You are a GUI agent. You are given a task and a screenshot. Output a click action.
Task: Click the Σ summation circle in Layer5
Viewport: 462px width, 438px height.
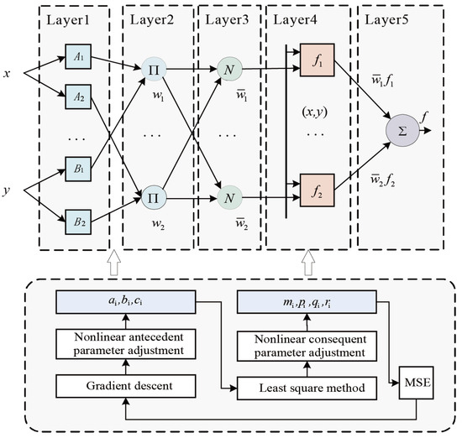point(402,133)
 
